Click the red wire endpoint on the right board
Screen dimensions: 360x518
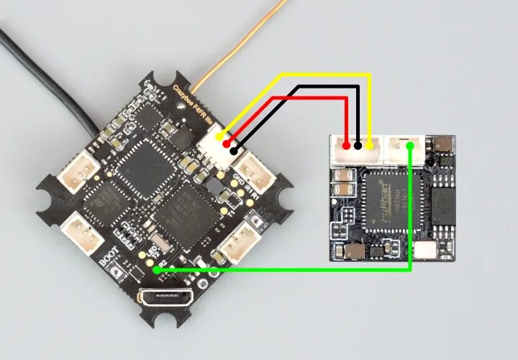click(x=347, y=146)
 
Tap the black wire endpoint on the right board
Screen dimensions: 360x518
click(x=358, y=146)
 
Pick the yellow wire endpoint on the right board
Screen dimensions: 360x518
click(x=370, y=146)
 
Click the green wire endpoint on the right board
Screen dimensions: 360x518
click(x=409, y=146)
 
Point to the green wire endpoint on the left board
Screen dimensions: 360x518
click(x=156, y=270)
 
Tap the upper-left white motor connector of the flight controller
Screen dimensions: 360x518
click(x=79, y=174)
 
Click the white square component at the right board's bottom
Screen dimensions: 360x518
click(x=427, y=250)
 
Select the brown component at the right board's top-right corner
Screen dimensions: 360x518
click(x=445, y=144)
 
